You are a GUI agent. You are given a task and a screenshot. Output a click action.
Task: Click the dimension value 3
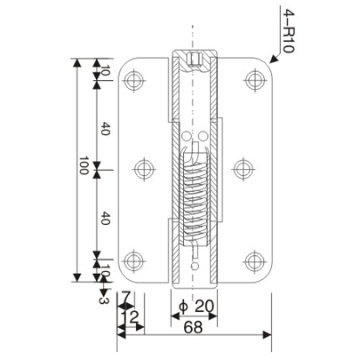(x=104, y=300)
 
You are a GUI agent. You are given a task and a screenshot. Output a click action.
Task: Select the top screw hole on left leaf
(x=136, y=81)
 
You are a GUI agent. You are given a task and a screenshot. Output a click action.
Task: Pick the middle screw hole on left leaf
(x=143, y=168)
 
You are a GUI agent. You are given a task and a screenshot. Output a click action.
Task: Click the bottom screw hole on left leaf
(x=136, y=261)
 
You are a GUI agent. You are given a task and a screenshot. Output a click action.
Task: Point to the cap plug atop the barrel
(x=196, y=60)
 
